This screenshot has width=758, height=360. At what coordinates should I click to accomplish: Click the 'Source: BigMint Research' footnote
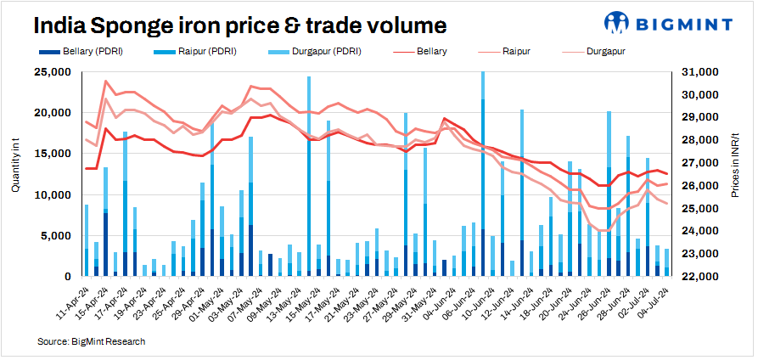point(92,341)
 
